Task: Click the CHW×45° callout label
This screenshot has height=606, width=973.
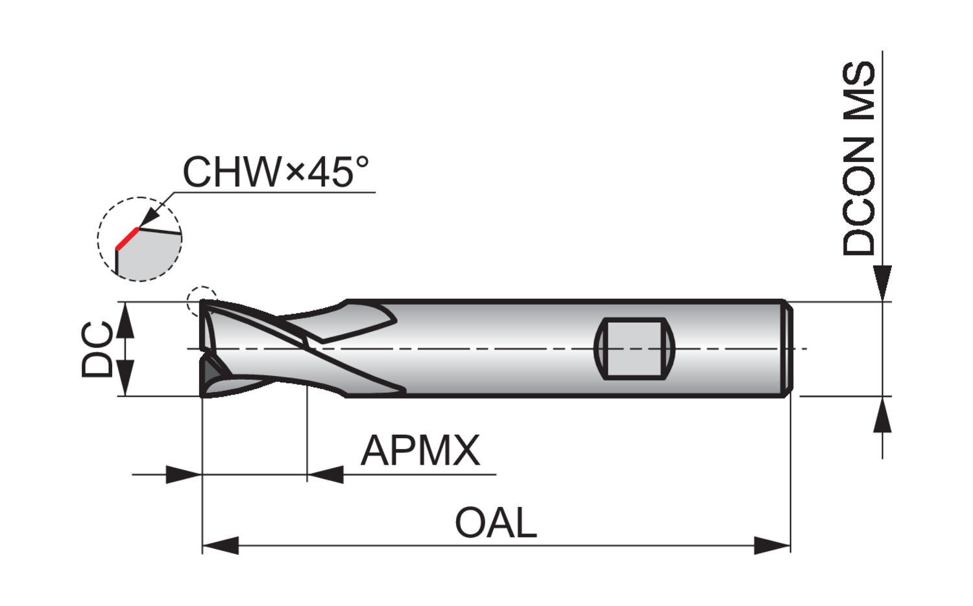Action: click(x=276, y=172)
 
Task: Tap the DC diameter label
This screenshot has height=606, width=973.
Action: click(x=97, y=349)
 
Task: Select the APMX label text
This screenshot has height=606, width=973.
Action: click(x=420, y=450)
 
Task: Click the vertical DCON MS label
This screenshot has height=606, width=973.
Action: click(x=858, y=158)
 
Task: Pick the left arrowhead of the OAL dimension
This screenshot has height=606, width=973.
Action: click(x=221, y=545)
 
